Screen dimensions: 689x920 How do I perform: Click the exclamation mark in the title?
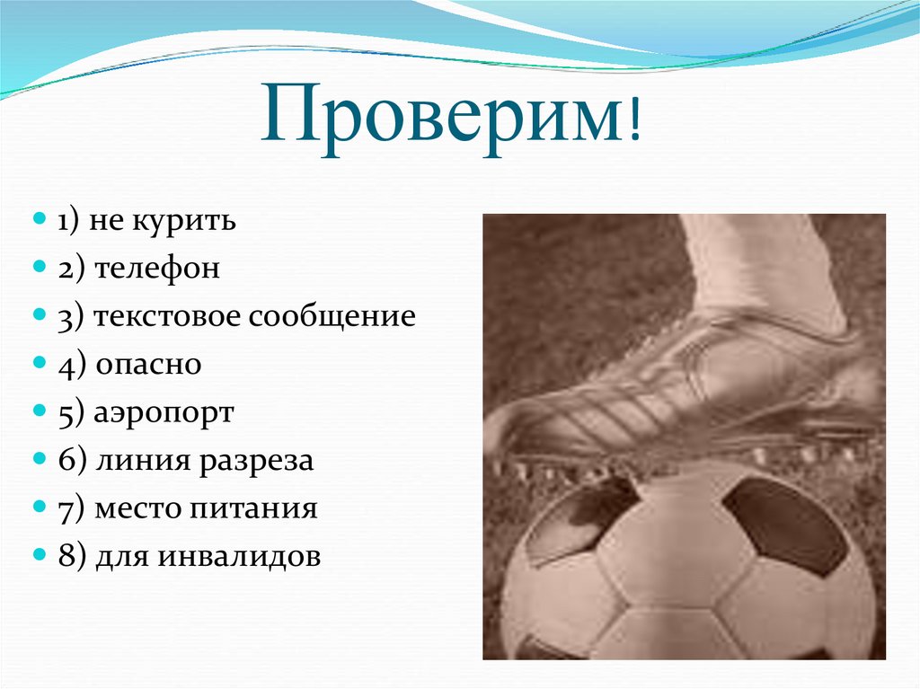point(636,122)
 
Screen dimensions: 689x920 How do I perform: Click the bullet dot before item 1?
point(40,221)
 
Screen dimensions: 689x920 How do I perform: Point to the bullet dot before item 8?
point(40,558)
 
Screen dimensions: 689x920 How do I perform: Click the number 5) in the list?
point(72,414)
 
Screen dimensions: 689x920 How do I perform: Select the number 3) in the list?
point(72,317)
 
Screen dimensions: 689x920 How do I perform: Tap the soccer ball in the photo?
point(683,575)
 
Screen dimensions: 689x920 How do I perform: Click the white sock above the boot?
point(755,261)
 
